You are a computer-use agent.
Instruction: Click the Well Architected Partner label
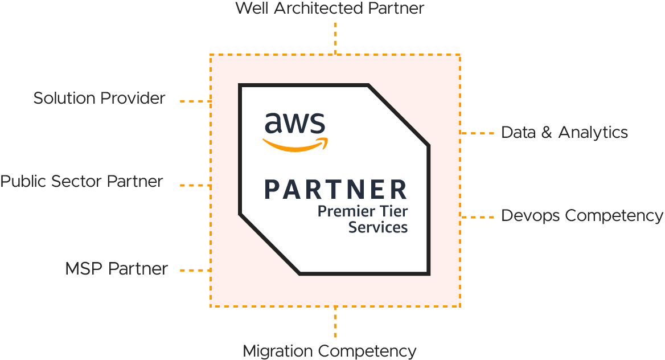330,9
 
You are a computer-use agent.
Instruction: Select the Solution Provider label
100,98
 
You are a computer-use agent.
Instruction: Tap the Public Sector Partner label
81,182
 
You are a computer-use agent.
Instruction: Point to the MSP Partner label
116,268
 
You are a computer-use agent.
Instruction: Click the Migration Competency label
330,351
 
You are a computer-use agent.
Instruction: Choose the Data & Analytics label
564,133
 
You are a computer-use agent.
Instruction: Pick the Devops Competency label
582,216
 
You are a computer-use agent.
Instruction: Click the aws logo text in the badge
294,123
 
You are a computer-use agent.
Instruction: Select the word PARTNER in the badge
336,190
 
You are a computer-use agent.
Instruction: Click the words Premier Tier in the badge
363,211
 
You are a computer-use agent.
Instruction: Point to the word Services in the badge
378,227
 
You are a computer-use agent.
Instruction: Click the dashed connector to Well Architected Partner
335,38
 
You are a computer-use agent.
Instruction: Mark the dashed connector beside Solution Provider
195,101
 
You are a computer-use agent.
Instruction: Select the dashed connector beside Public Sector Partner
195,185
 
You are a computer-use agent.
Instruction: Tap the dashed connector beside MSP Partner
195,270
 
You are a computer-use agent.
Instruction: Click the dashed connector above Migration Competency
335,323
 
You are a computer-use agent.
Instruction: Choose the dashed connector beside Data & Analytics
477,133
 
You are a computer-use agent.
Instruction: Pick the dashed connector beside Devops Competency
477,217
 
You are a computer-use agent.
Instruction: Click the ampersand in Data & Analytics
545,133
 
